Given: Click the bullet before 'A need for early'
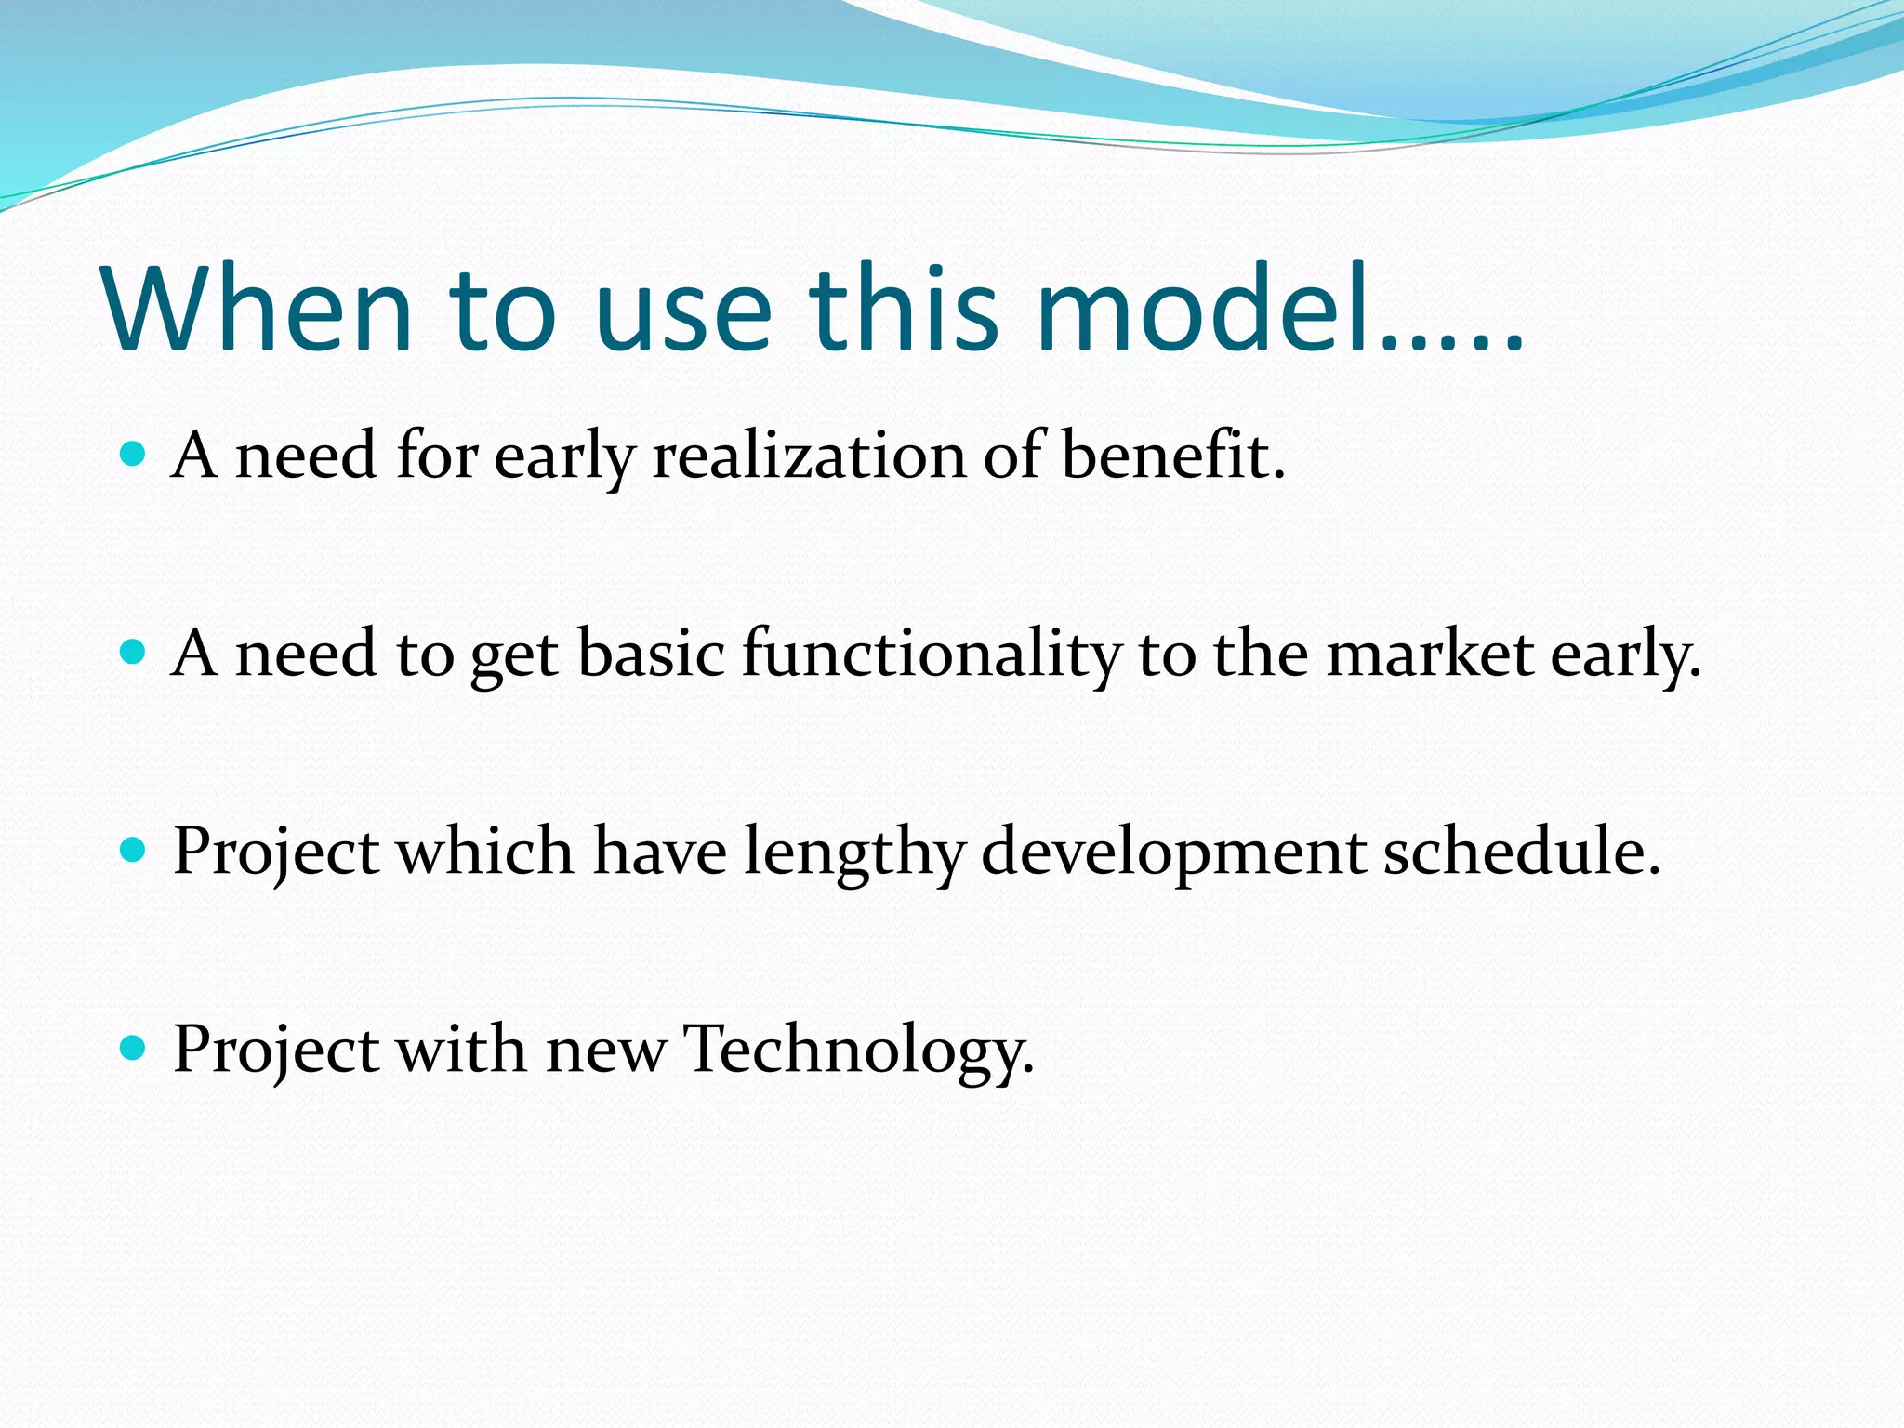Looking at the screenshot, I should click(134, 455).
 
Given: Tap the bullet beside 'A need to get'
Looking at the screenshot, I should click(134, 653).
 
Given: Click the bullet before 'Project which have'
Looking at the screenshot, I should click(134, 851).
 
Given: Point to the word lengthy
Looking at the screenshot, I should click(853, 853).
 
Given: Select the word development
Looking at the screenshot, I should click(1173, 853).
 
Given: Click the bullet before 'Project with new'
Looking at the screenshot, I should click(134, 1049).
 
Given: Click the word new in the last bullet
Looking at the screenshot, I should click(605, 1051).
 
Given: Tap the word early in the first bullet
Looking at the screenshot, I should click(564, 457).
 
